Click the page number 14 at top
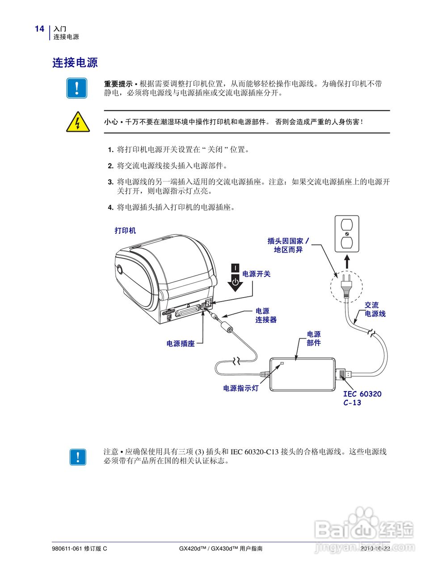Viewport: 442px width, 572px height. (39, 29)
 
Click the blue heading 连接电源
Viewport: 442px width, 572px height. (75, 63)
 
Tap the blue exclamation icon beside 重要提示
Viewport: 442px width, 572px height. (77, 88)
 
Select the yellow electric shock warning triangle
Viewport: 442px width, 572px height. (78, 122)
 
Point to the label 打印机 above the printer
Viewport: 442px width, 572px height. (125, 231)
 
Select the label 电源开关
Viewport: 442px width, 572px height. (256, 274)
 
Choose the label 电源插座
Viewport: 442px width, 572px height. (181, 344)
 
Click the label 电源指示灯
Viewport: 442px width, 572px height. (241, 388)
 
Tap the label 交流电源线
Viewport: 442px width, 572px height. (374, 309)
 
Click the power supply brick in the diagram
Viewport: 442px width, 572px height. (303, 374)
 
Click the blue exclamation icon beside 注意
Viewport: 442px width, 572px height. (78, 456)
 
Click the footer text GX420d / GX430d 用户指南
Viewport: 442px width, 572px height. (221, 548)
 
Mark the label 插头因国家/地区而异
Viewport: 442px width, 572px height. (288, 245)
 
